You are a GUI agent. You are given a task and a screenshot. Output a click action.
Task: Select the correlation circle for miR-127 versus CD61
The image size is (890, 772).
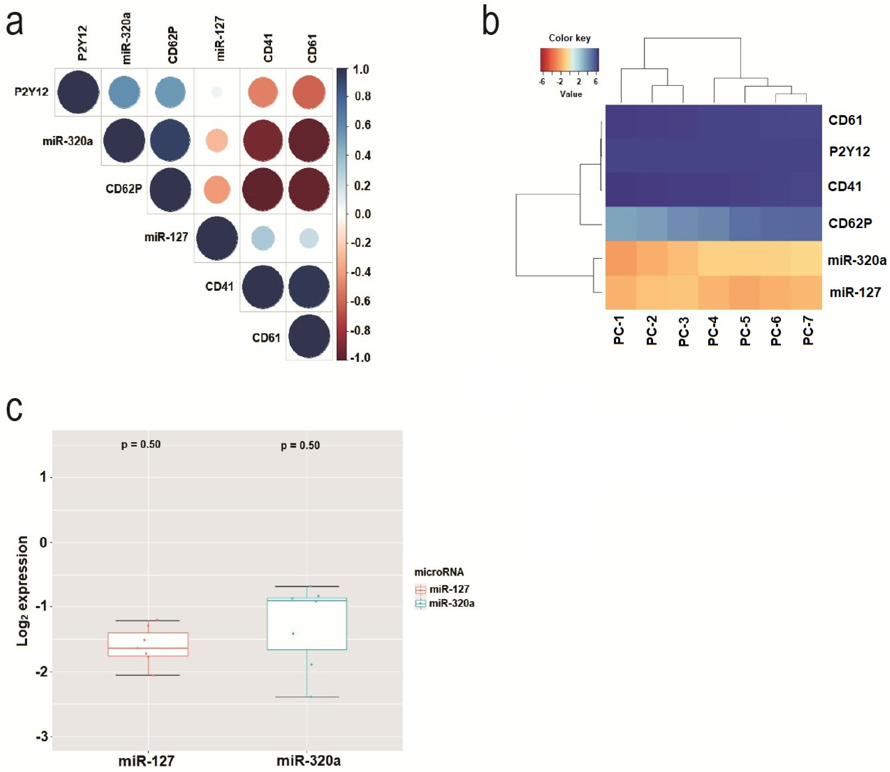point(308,238)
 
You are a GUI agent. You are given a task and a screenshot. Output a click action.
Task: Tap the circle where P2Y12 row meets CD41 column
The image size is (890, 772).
point(263,92)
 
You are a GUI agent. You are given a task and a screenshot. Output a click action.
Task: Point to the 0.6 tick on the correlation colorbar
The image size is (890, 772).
point(362,125)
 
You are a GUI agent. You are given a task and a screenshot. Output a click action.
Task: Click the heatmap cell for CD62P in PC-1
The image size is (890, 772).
point(621,224)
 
